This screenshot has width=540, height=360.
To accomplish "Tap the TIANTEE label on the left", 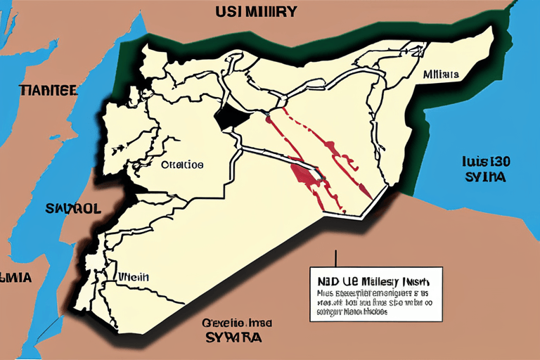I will tap(49, 90).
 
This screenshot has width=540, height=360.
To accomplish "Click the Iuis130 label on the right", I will tap(486, 161).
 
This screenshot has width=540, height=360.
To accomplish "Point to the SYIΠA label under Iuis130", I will tap(485, 176).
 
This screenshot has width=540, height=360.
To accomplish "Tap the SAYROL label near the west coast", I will tap(74, 209).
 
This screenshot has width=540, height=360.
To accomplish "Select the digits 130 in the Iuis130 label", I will tap(499, 161).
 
